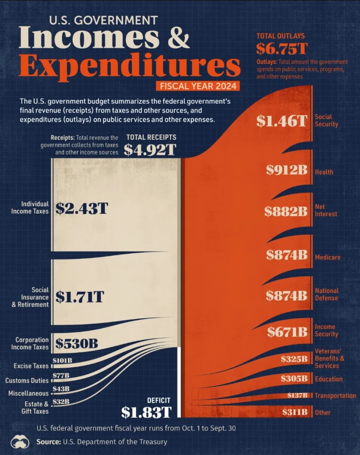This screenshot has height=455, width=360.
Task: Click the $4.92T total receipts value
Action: (150, 150)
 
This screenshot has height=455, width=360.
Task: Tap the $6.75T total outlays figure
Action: (281, 48)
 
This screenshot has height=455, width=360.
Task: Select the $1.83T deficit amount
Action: (146, 412)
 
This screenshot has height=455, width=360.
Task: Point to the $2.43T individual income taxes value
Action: (81, 208)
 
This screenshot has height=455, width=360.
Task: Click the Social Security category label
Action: (326, 121)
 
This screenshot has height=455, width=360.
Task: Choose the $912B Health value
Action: (287, 170)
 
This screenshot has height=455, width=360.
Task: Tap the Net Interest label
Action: (326, 210)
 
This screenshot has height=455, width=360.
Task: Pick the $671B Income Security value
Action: (288, 331)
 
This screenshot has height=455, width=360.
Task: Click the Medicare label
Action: (327, 258)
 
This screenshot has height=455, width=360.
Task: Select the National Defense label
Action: (327, 294)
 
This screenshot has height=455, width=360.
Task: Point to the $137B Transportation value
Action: (298, 395)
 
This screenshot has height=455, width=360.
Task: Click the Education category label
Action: (328, 379)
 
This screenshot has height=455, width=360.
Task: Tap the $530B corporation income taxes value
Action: (76, 343)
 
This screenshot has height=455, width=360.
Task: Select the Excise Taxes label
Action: (31, 366)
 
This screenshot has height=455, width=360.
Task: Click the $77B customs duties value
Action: (61, 376)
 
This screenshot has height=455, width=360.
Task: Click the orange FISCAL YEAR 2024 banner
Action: (198, 86)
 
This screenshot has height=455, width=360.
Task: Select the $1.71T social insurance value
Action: (79, 297)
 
